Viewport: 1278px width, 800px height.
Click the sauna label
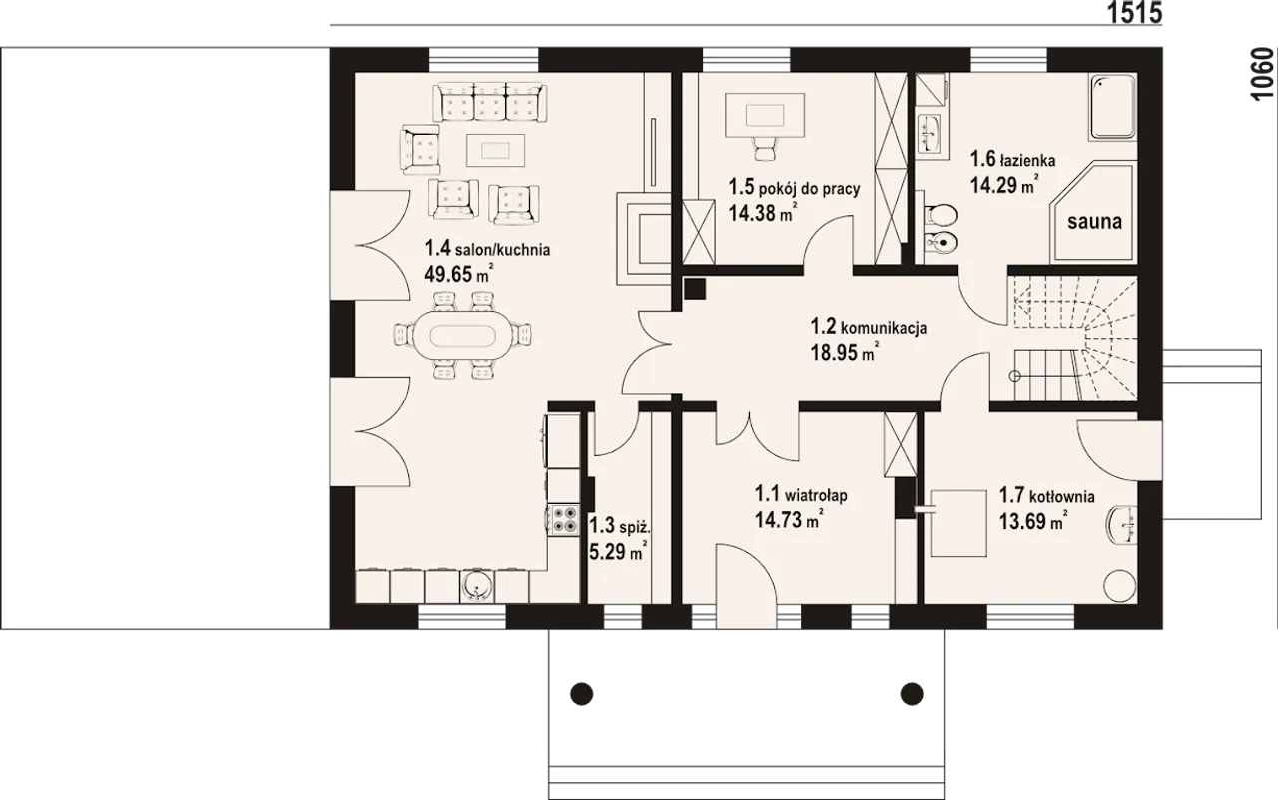click(x=1094, y=222)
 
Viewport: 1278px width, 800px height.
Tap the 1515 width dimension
click(x=1134, y=13)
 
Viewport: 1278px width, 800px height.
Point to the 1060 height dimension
click(x=1262, y=75)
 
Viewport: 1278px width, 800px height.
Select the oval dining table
click(x=462, y=335)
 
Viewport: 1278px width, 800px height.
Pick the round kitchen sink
click(x=476, y=586)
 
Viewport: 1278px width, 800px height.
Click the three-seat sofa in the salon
click(x=489, y=102)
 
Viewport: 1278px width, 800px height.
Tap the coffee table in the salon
click(x=495, y=150)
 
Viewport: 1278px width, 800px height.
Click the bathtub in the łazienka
click(x=1113, y=107)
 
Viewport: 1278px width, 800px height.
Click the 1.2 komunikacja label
click(x=869, y=327)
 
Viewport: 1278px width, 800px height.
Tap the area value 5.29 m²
click(x=618, y=551)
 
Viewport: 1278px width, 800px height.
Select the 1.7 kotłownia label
click(x=1046, y=496)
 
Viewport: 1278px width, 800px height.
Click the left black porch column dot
click(x=581, y=694)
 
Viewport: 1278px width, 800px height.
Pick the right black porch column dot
click(x=912, y=694)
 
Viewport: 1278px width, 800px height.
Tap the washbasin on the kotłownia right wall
click(x=1122, y=525)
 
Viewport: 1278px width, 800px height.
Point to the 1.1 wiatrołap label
click(x=801, y=494)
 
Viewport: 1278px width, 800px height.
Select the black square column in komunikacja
click(x=695, y=289)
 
